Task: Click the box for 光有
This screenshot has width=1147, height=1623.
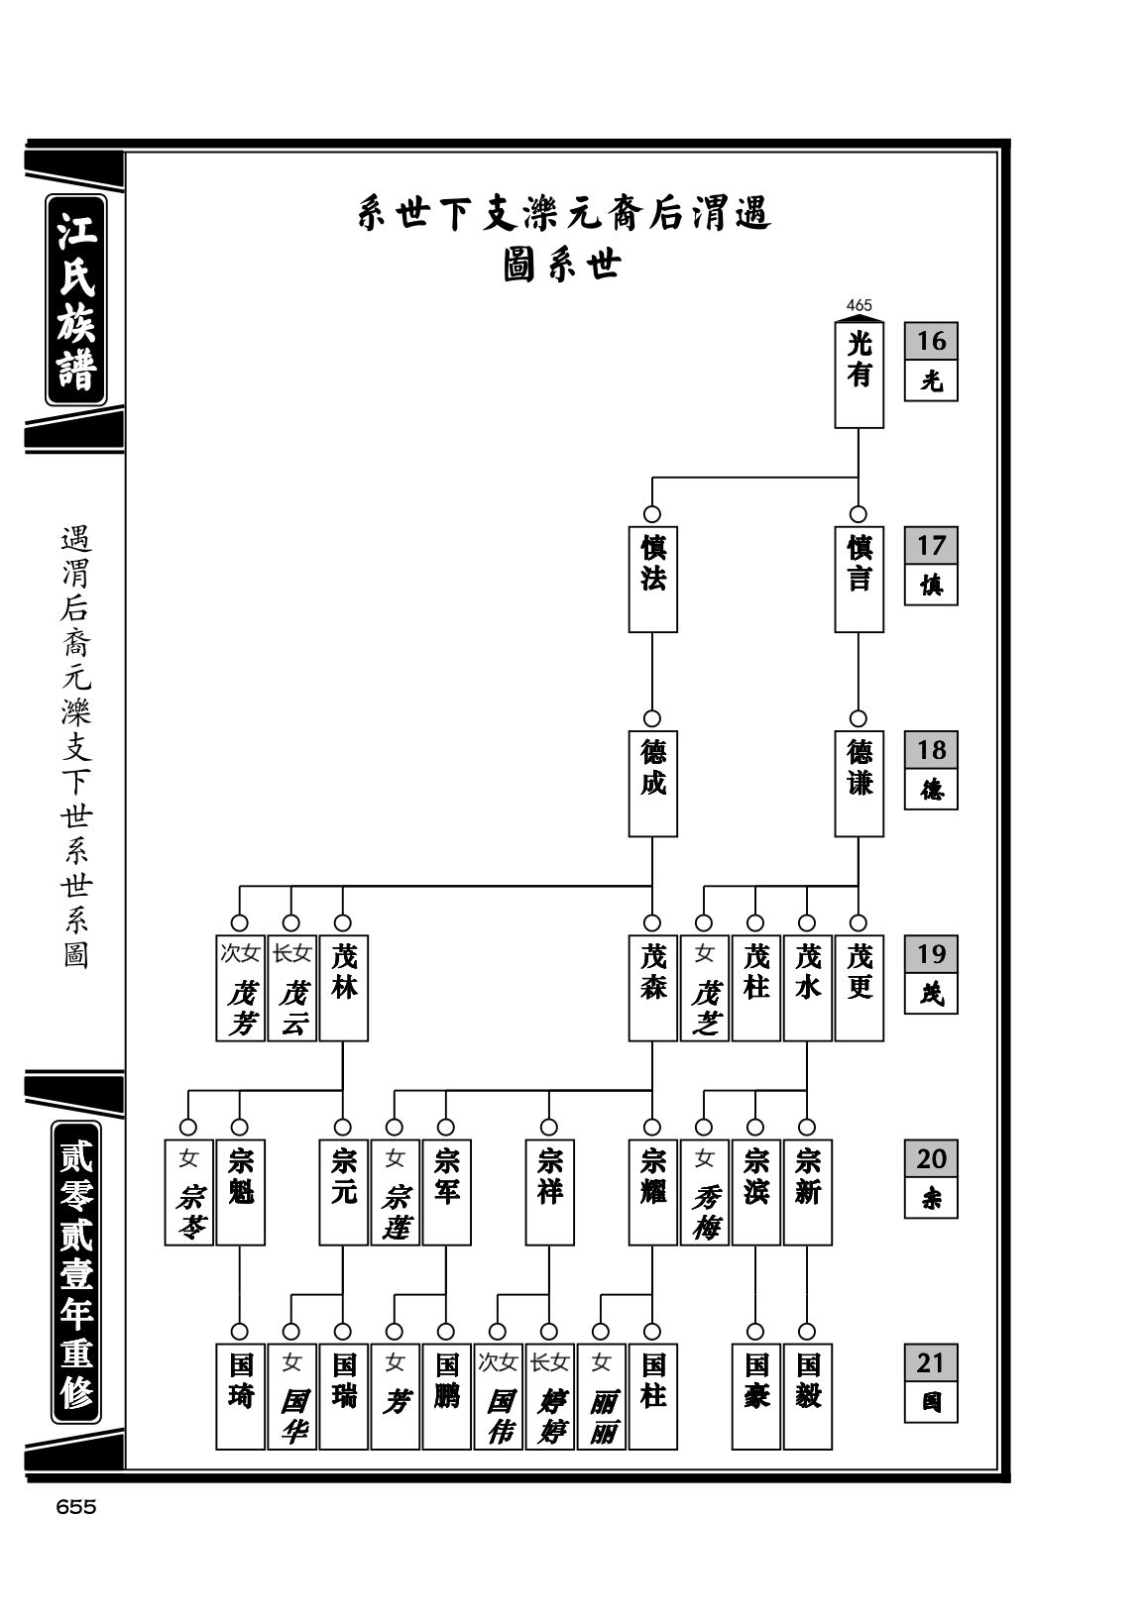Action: tap(859, 375)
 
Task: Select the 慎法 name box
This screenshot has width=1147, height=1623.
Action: tap(652, 579)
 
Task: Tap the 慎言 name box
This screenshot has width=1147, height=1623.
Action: tap(859, 579)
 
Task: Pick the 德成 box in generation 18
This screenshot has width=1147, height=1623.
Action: tap(652, 783)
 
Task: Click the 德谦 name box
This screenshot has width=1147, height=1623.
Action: tap(859, 783)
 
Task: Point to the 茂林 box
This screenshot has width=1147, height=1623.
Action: tap(344, 988)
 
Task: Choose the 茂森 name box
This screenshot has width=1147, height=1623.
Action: tap(652, 988)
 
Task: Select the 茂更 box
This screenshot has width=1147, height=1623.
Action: tap(859, 988)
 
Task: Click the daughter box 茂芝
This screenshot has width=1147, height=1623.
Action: tap(704, 988)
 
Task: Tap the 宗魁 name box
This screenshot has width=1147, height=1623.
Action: tap(240, 1192)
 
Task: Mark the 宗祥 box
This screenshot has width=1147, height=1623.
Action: tap(549, 1192)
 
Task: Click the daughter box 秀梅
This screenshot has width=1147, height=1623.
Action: tap(704, 1192)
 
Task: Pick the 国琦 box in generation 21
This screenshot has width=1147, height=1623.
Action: tap(240, 1396)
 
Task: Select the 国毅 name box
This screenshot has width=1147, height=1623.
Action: tap(807, 1396)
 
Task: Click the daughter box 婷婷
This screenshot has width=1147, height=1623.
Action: tap(549, 1396)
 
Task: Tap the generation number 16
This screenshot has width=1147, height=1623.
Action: tap(931, 341)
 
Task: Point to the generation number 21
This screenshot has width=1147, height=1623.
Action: tap(931, 1362)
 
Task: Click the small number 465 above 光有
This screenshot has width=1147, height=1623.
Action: tap(859, 305)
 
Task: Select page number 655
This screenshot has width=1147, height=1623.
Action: tap(76, 1506)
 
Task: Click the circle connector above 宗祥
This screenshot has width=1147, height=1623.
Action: tap(549, 1128)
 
